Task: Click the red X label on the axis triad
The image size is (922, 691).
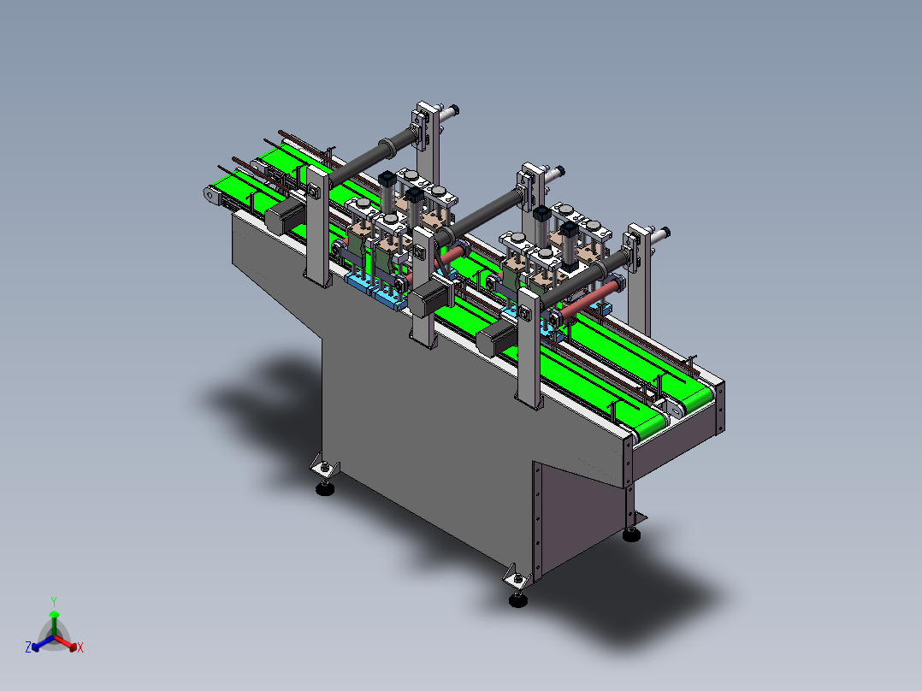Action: point(80,648)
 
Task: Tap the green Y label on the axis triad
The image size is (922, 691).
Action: point(53,601)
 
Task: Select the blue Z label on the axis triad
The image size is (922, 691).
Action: point(28,647)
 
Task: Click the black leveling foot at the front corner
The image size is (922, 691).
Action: point(517,599)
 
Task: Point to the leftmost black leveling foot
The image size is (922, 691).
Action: point(325,489)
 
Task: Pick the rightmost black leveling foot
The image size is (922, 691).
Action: point(631,535)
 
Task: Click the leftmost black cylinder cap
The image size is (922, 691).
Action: point(386,180)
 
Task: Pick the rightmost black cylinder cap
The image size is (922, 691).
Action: point(566,228)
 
